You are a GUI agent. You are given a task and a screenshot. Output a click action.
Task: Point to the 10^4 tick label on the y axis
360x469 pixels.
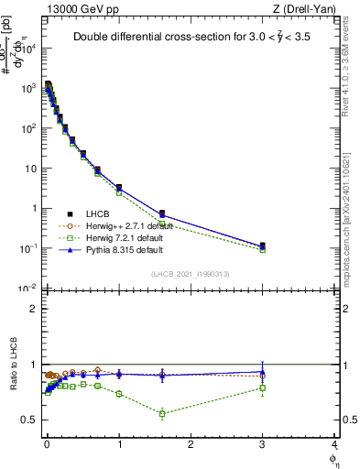[27, 49]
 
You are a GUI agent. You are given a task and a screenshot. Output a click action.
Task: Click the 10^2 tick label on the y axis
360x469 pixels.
[27, 128]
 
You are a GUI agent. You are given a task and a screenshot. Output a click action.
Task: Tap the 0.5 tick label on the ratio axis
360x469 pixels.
[29, 420]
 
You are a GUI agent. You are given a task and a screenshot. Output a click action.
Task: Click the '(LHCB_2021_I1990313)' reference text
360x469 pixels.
[191, 274]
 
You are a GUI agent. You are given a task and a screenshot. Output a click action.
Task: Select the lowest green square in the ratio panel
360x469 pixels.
[162, 413]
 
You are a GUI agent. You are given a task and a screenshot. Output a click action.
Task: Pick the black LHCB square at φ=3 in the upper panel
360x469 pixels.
[263, 245]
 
